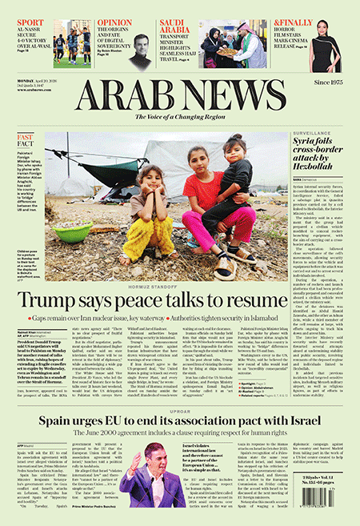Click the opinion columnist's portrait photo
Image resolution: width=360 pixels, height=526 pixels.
[140, 50]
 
